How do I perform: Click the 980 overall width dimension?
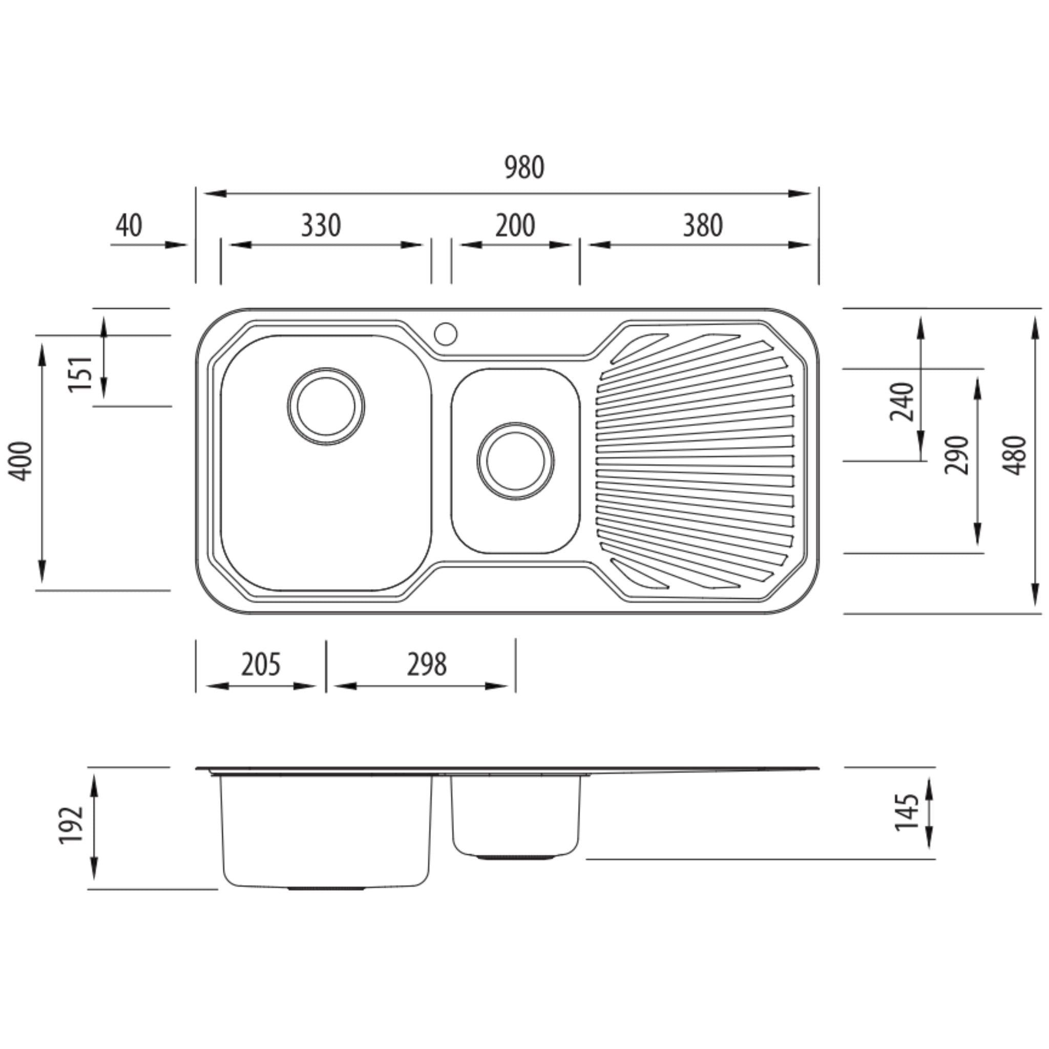pyautogui.click(x=524, y=168)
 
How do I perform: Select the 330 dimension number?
pyautogui.click(x=321, y=226)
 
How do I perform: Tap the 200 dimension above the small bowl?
pyautogui.click(x=515, y=226)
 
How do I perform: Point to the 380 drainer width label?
pyautogui.click(x=703, y=226)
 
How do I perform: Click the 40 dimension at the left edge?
pyautogui.click(x=129, y=226)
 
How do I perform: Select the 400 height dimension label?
pyautogui.click(x=20, y=461)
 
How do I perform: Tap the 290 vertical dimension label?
pyautogui.click(x=956, y=455)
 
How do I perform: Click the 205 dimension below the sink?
pyautogui.click(x=261, y=664)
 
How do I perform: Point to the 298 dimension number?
pyautogui.click(x=427, y=664)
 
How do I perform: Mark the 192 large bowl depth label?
pyautogui.click(x=71, y=825)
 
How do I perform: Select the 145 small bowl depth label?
pyautogui.click(x=906, y=812)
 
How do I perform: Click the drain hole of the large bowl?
pyautogui.click(x=326, y=406)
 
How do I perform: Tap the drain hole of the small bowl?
pyautogui.click(x=515, y=461)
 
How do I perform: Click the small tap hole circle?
pyautogui.click(x=446, y=334)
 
